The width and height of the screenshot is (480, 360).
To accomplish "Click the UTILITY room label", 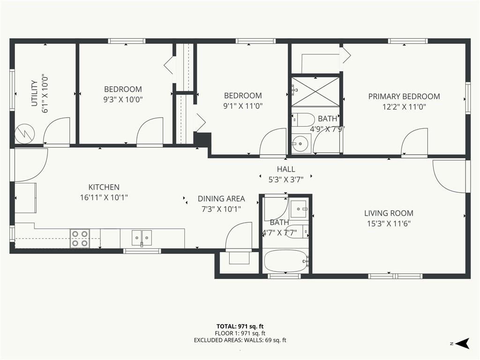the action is click(34, 93).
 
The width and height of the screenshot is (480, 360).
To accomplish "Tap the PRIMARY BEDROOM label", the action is click(404, 97).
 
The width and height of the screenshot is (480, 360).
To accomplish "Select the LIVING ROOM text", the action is click(389, 213).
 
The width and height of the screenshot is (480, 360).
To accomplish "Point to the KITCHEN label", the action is click(104, 187).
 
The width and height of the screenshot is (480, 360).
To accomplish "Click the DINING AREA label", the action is click(221, 199).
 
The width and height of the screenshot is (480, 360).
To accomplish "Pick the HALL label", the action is click(286, 169).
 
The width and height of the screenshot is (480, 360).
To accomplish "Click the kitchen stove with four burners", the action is click(80, 239).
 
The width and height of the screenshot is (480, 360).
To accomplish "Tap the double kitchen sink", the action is click(142, 238).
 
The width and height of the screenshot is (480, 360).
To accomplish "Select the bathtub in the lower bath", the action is click(286, 261).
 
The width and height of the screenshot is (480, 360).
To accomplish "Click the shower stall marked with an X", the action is click(315, 91).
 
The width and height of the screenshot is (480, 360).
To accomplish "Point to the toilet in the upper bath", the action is click(303, 120).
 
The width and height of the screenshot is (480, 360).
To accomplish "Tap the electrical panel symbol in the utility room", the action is click(25, 134).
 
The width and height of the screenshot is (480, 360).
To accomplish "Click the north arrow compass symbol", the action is click(462, 343).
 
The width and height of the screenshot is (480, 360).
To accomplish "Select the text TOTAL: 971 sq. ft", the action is click(240, 326).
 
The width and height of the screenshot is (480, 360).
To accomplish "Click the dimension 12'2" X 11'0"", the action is click(404, 107).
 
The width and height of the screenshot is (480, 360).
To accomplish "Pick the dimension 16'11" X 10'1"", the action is click(104, 197).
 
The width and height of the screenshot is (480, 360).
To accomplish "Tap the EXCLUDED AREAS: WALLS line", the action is click(240, 340).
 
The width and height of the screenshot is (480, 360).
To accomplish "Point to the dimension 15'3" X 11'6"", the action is click(389, 224).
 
